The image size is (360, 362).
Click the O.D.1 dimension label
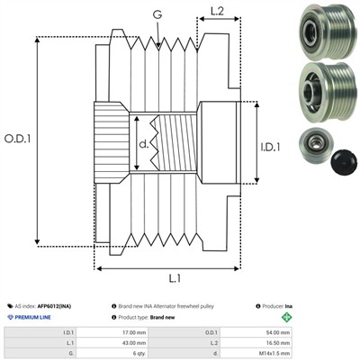[17, 139]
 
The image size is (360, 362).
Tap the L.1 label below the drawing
[175, 278]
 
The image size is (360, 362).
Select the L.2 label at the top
[217, 12]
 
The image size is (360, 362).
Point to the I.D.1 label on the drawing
[270, 147]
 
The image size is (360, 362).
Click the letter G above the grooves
[157, 14]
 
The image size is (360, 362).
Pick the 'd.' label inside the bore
[144, 144]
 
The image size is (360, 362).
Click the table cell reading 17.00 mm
[137, 332]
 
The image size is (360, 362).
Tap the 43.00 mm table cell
[137, 343]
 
